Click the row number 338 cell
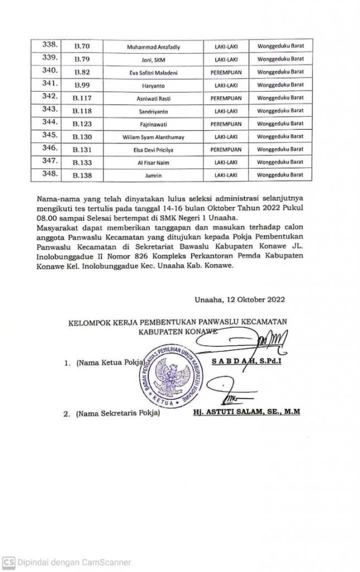coord(51,45)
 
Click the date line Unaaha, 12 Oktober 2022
coord(240,298)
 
